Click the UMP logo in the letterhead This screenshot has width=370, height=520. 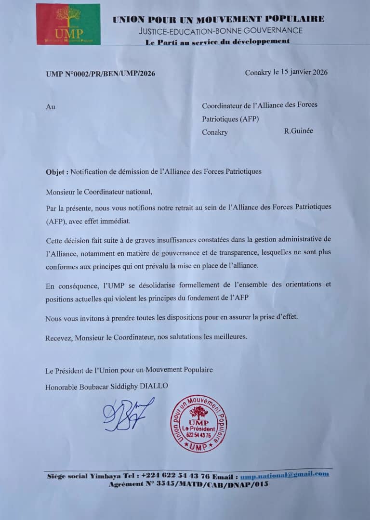[x=68, y=24]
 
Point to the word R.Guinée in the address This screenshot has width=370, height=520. [x=299, y=130]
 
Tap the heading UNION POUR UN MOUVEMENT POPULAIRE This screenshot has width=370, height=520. [x=218, y=19]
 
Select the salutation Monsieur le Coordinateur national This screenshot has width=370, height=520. [x=99, y=192]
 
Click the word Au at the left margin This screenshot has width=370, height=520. [x=51, y=107]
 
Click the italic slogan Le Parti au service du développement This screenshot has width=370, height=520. [x=218, y=41]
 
